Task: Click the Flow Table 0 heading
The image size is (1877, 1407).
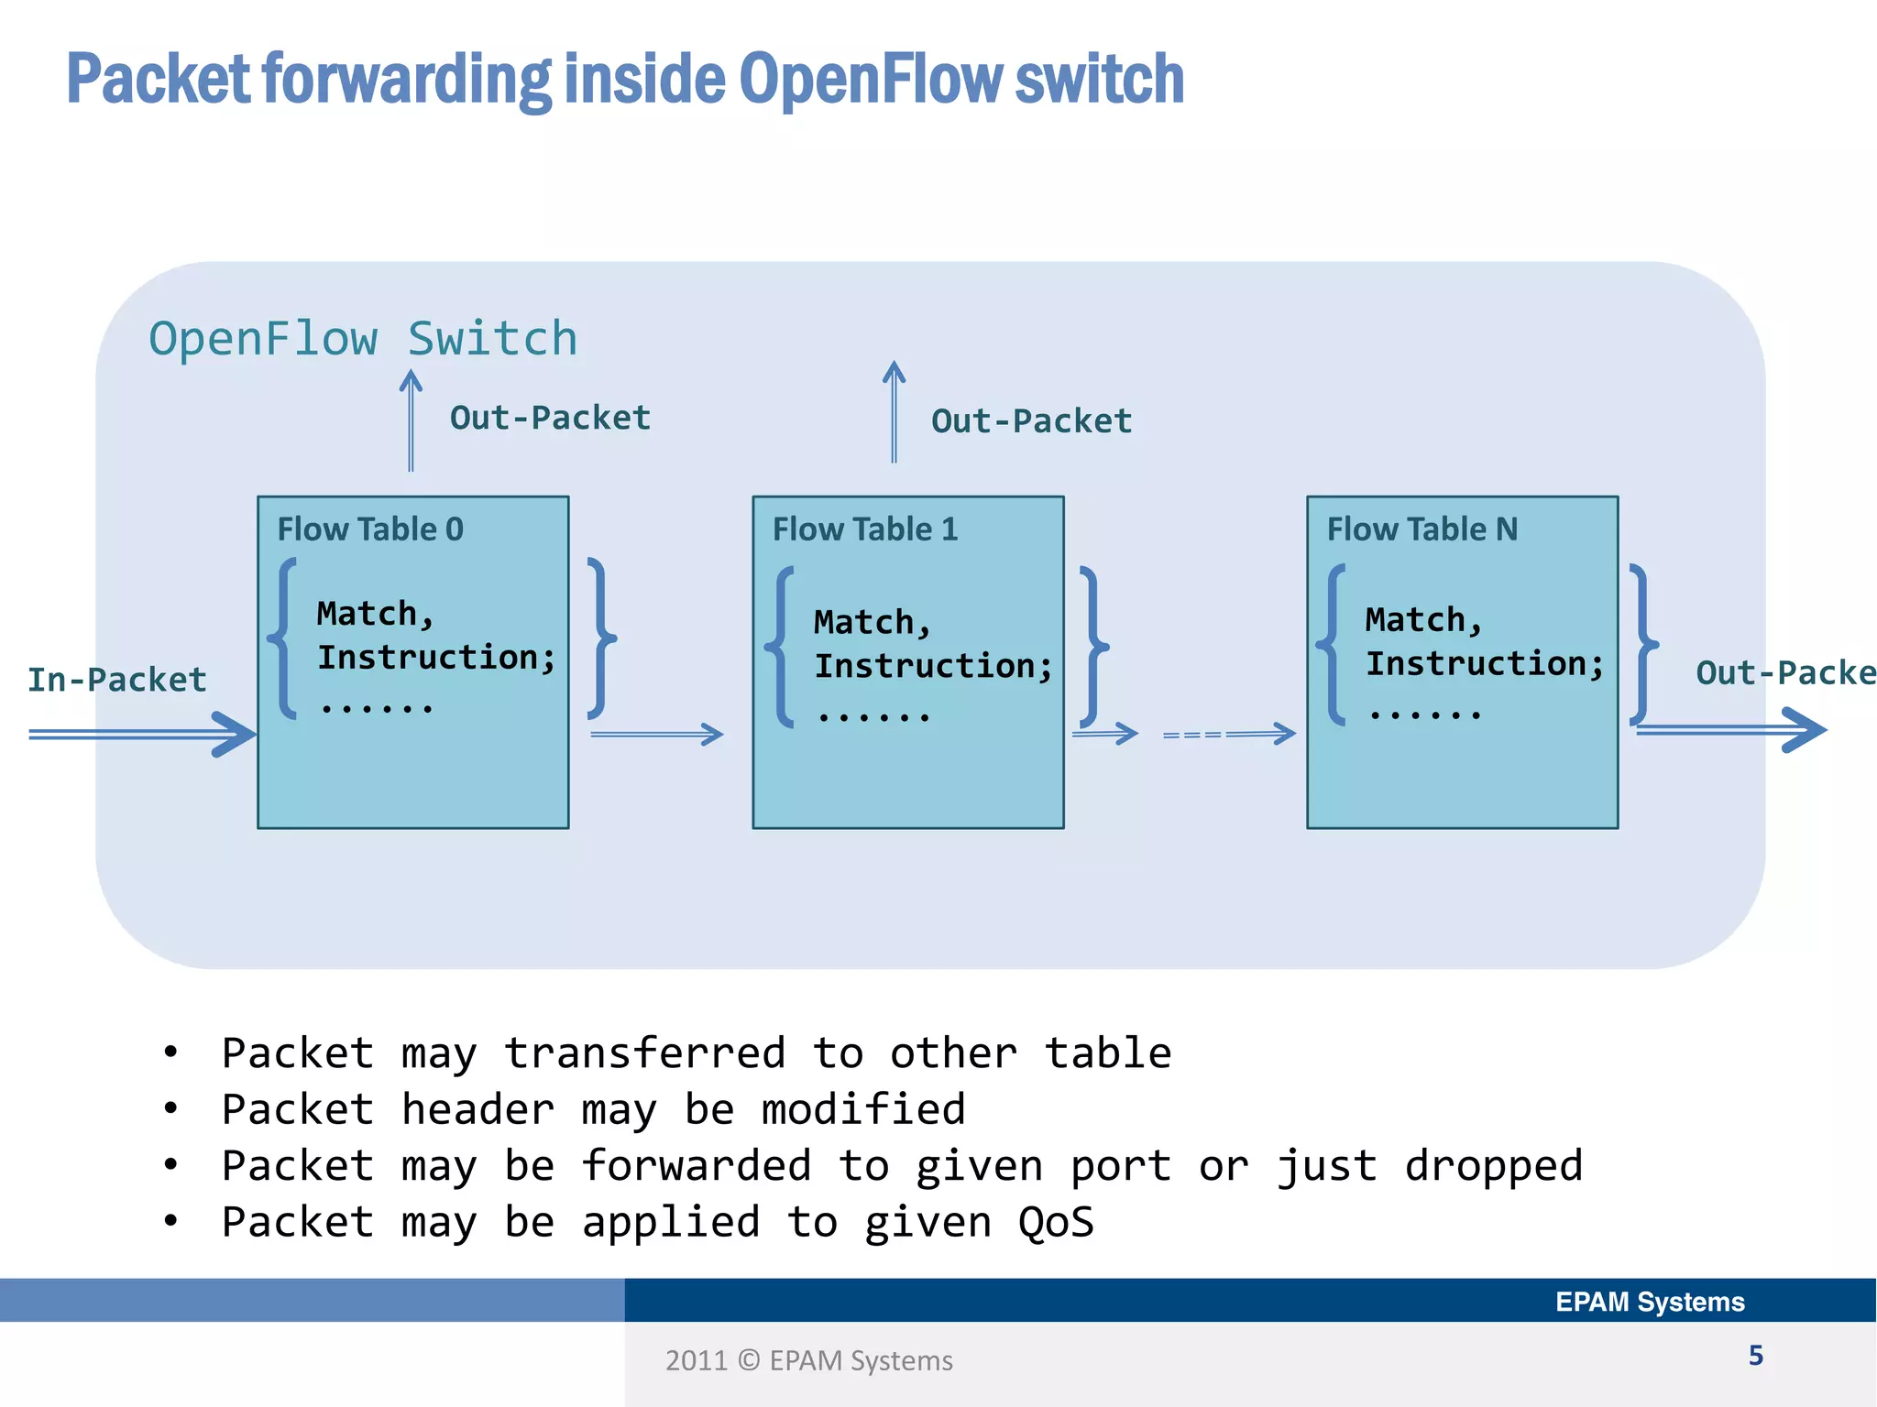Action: click(370, 529)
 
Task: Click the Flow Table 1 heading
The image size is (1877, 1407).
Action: click(864, 529)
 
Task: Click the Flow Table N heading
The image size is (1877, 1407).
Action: click(1421, 529)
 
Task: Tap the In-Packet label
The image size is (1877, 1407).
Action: click(117, 680)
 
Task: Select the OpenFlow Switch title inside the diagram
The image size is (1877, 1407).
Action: click(363, 339)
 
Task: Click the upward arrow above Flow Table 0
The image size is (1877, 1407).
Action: click(411, 420)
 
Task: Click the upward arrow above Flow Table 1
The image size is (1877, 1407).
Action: click(894, 412)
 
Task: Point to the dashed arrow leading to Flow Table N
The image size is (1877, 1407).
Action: click(1228, 734)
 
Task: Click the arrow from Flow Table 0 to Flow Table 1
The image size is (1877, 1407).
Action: click(657, 734)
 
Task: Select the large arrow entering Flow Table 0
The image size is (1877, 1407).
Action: click(142, 734)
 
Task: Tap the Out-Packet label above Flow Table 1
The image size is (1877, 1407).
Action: click(1031, 421)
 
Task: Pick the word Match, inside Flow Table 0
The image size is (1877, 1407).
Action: click(375, 614)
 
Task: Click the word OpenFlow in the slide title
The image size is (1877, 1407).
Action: click(871, 80)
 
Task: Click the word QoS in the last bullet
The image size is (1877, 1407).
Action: click(1056, 1223)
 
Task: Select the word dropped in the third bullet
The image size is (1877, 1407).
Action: click(1493, 1166)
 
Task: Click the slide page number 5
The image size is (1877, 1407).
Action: click(1755, 1356)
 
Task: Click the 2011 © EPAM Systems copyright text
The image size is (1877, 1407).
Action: click(808, 1361)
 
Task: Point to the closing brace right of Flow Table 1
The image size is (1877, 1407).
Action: click(1093, 647)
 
